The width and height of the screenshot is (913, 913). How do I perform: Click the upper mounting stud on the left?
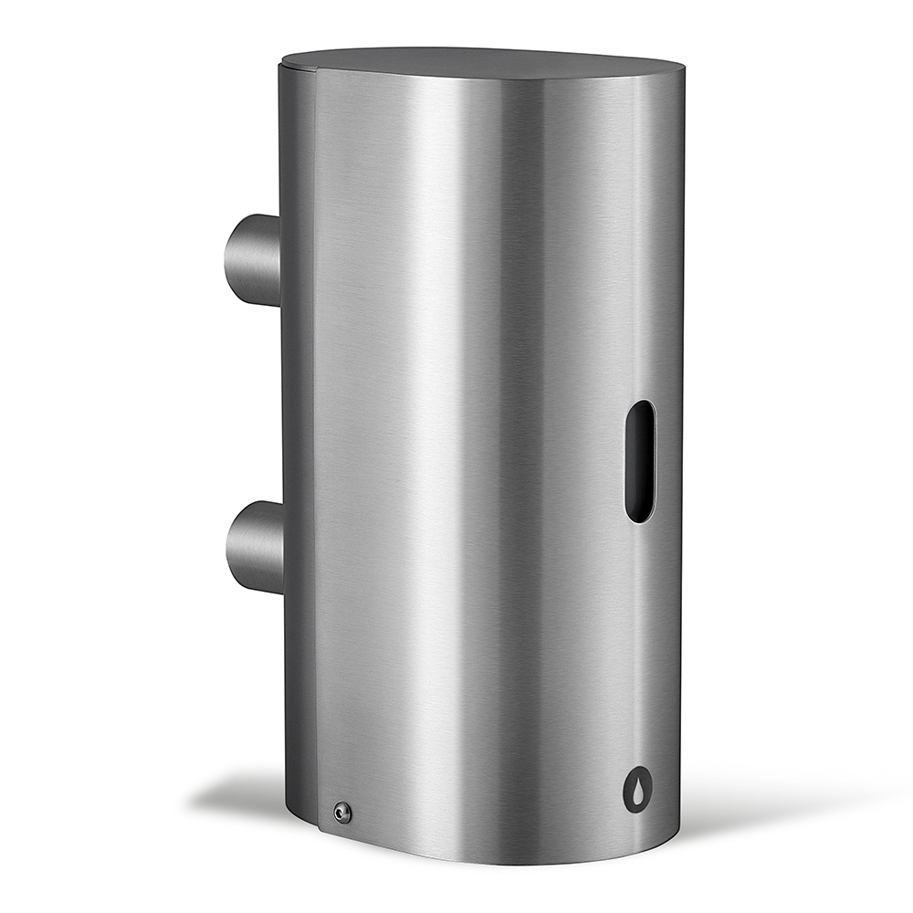[x=254, y=260]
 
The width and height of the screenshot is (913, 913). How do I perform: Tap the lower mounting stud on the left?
[x=256, y=547]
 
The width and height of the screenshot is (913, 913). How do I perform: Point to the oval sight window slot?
[x=640, y=461]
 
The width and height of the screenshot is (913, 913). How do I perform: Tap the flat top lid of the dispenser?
[x=484, y=61]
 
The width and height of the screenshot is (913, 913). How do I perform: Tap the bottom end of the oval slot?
[x=639, y=516]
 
